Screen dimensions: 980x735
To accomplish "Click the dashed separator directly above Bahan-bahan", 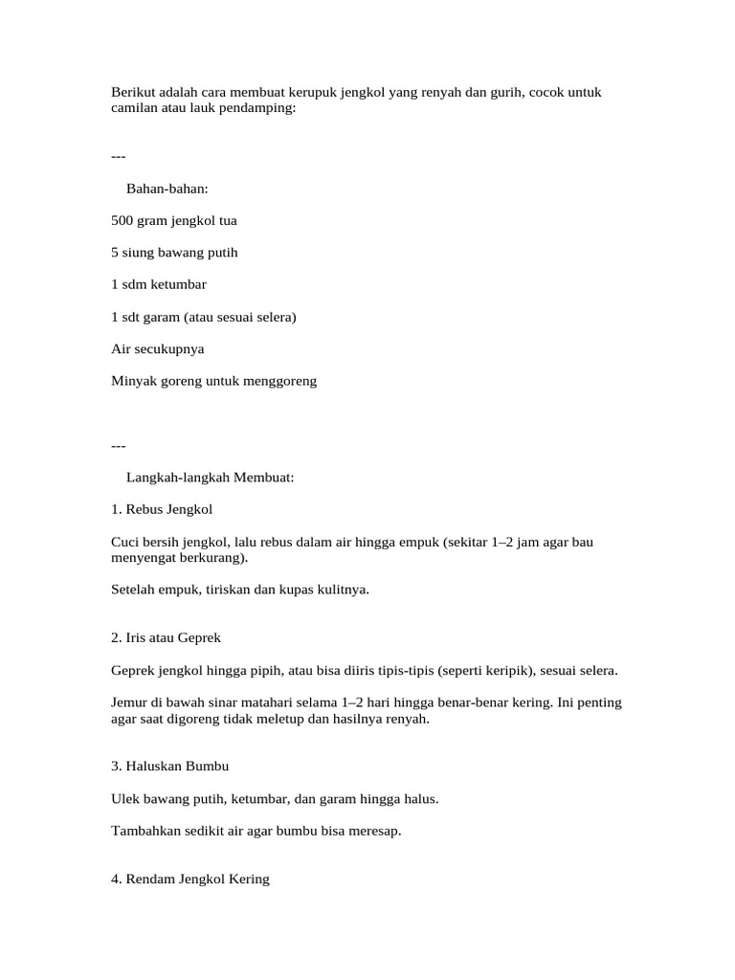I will tap(119, 156).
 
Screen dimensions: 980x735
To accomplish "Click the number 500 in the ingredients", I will tap(122, 220).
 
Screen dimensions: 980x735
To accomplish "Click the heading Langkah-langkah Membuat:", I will tap(211, 477).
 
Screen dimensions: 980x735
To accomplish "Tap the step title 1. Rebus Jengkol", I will tap(162, 509).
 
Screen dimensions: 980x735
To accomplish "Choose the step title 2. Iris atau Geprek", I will tap(167, 637).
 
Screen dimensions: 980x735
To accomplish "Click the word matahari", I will tap(293, 702).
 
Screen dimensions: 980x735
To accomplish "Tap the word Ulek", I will tap(124, 798).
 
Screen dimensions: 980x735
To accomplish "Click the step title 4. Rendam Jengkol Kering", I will tap(190, 879).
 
